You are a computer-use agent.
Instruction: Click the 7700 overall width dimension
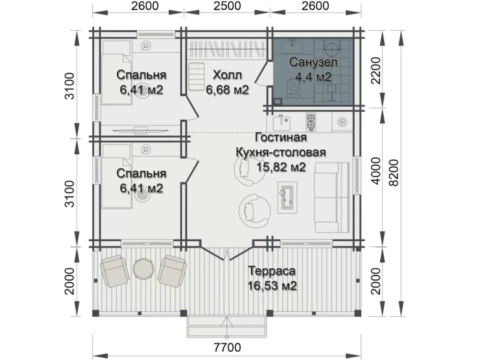(227, 347)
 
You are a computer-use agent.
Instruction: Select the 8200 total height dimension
(394, 172)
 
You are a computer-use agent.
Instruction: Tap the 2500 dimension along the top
(227, 6)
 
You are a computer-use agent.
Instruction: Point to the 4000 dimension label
(375, 171)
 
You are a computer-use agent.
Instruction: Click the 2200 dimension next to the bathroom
(375, 70)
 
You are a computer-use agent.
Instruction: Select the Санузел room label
(313, 62)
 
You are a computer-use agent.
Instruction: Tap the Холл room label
(227, 74)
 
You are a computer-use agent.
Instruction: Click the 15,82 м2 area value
(281, 167)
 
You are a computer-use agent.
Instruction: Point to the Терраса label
(272, 271)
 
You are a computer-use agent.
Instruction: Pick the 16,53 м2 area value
(272, 285)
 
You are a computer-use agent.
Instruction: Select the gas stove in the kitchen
(310, 122)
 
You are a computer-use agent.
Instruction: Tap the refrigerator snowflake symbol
(341, 122)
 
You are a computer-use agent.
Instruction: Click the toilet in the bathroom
(291, 87)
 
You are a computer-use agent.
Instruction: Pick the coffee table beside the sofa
(287, 197)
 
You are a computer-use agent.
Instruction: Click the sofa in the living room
(332, 197)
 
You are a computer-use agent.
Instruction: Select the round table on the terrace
(142, 268)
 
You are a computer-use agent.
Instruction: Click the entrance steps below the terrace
(226, 326)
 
